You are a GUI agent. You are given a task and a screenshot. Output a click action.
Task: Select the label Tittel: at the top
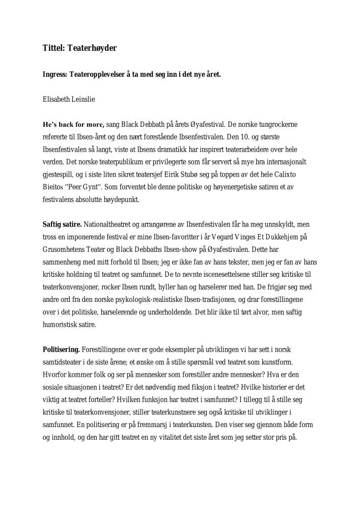pos(53,49)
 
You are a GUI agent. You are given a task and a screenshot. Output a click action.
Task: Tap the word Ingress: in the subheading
pos(54,74)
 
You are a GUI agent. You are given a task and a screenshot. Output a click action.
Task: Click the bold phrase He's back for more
pos(73,124)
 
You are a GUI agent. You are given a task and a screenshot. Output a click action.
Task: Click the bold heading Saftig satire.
pos(62,224)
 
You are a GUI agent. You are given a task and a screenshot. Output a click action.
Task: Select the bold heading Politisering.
pos(61,350)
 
